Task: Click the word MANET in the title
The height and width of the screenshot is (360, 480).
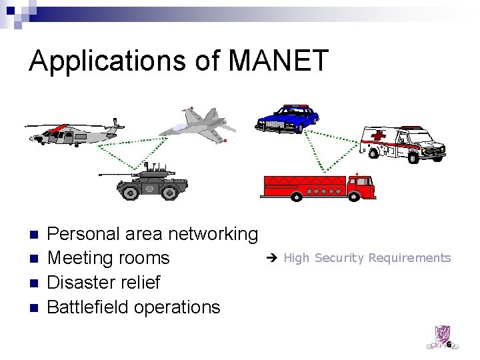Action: (279, 61)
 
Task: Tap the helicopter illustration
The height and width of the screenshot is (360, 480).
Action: (73, 132)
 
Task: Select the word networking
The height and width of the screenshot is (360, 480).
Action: (213, 234)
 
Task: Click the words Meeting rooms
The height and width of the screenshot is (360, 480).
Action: (109, 258)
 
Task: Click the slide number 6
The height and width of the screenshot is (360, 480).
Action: (449, 345)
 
